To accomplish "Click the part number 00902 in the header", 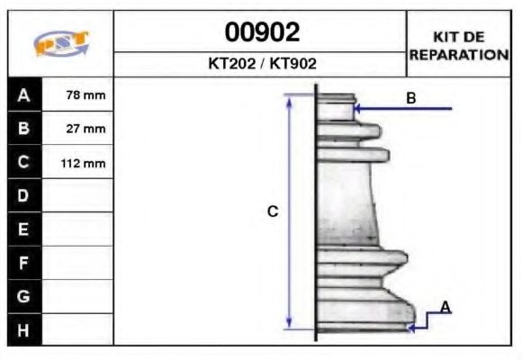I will pyautogui.click(x=261, y=32).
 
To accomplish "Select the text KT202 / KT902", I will pyautogui.click(x=261, y=64).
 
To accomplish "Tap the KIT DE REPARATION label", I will pyautogui.click(x=459, y=45).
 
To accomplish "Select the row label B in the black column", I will pyautogui.click(x=24, y=129).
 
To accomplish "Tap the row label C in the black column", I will pyautogui.click(x=24, y=163).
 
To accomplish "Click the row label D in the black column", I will pyautogui.click(x=24, y=195).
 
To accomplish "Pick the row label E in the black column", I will pyautogui.click(x=24, y=229).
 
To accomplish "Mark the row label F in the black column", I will pyautogui.click(x=24, y=263).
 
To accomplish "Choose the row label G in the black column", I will pyautogui.click(x=24, y=296).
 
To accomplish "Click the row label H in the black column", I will pyautogui.click(x=24, y=329).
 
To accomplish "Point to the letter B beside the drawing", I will pyautogui.click(x=411, y=98).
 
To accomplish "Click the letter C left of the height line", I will pyautogui.click(x=273, y=212).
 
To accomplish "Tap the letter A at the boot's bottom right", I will pyautogui.click(x=445, y=308).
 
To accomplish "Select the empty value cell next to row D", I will pyautogui.click(x=78, y=195).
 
